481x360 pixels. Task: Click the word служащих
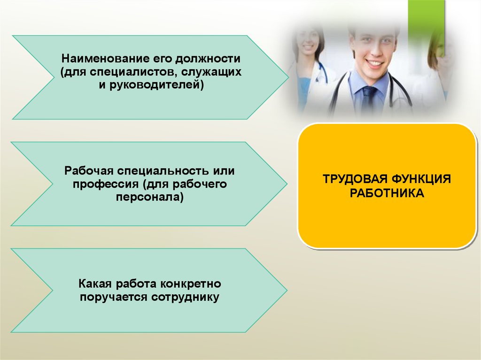pos(211,72)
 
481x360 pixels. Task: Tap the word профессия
pos(105,184)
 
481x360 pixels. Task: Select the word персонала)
pos(150,197)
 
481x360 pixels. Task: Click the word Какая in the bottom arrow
pos(95,283)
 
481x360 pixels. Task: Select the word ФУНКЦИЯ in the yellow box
pos(421,179)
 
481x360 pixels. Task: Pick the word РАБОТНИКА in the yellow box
pos(387,193)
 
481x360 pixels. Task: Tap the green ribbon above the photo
pos(426,26)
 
